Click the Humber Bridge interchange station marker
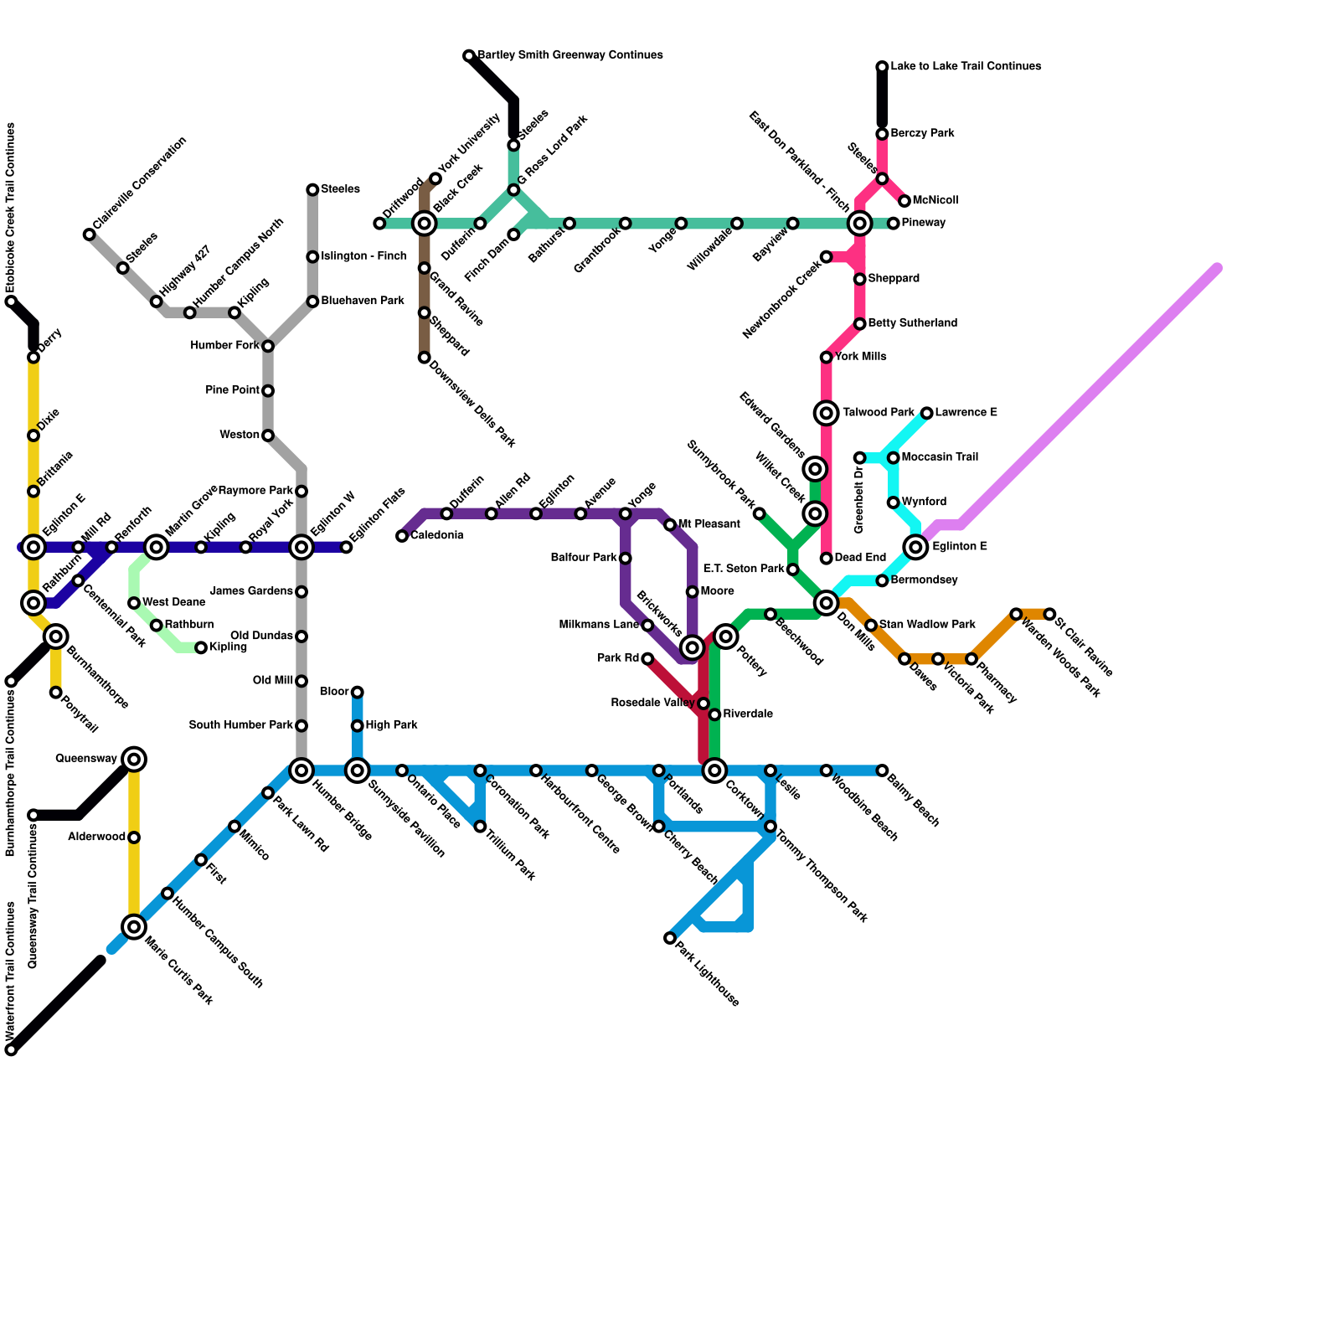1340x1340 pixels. tap(301, 770)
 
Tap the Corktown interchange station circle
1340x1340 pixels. tap(714, 770)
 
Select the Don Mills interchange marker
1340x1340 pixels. tap(827, 603)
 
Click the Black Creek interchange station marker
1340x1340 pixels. tap(425, 224)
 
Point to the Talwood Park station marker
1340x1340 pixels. tap(827, 413)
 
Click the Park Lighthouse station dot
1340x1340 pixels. tap(670, 938)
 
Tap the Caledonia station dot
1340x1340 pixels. tap(402, 536)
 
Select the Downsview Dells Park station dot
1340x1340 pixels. tap(425, 358)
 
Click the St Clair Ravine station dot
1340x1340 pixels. tap(1049, 614)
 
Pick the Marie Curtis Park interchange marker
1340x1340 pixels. tap(134, 926)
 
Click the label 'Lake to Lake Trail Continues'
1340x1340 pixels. tap(966, 66)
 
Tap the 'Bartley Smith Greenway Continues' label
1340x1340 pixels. tap(570, 55)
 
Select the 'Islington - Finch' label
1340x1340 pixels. tap(363, 256)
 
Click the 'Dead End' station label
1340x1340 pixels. tap(860, 558)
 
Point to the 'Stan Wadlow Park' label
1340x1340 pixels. tap(927, 625)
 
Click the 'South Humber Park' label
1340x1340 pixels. tap(241, 725)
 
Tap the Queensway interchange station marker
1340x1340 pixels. tap(134, 760)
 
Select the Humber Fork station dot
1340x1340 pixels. tap(268, 346)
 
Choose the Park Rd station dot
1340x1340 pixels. tap(647, 659)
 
